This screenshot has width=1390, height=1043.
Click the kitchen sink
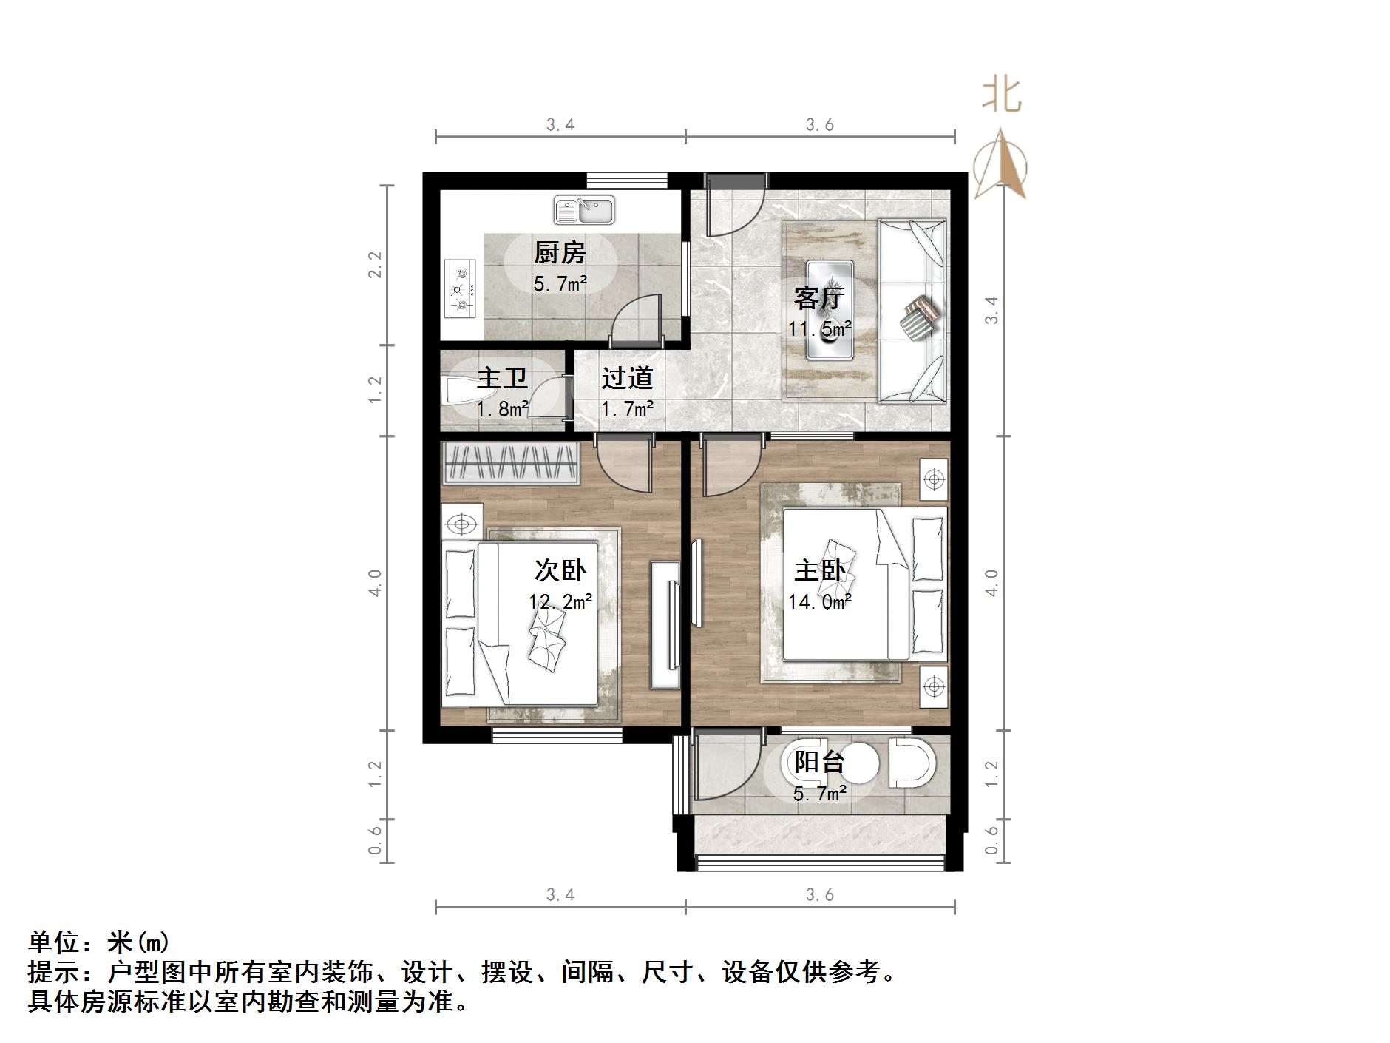tap(584, 211)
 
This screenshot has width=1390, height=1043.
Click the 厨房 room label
tap(560, 253)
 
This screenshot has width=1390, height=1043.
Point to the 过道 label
tap(627, 378)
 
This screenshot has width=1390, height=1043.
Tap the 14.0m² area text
tap(819, 602)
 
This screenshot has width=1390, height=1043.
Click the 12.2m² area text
tap(560, 602)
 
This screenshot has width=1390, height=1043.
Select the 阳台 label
tap(819, 762)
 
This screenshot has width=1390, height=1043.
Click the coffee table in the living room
tap(830, 310)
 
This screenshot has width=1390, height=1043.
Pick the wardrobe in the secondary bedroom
tap(510, 463)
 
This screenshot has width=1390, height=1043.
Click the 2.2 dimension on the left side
tap(376, 264)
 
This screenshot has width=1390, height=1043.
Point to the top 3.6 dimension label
tap(819, 125)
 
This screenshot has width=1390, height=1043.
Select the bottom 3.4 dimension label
tap(560, 895)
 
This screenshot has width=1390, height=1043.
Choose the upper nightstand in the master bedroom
tap(934, 479)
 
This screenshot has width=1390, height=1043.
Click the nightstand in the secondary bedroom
tap(462, 524)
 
